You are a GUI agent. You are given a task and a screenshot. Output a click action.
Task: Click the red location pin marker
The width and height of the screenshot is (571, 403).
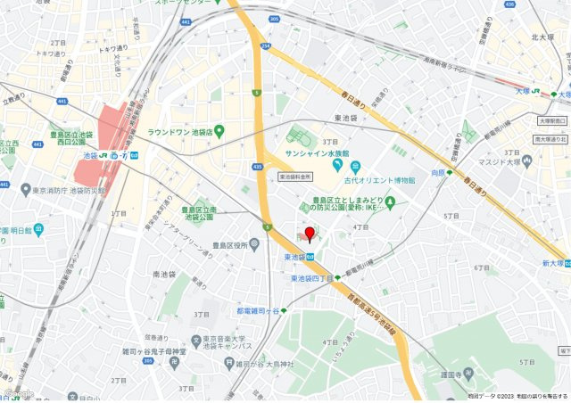(x=310, y=234)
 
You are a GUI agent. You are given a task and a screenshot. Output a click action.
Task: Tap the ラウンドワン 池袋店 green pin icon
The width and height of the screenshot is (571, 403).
(x=219, y=132)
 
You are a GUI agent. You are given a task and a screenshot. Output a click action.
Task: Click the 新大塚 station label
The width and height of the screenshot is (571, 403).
(x=554, y=263)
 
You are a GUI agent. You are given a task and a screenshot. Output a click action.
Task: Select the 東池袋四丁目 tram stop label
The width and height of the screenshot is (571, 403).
(x=312, y=279)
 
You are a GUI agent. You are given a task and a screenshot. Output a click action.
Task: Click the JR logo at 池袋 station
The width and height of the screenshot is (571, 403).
(x=104, y=155)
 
